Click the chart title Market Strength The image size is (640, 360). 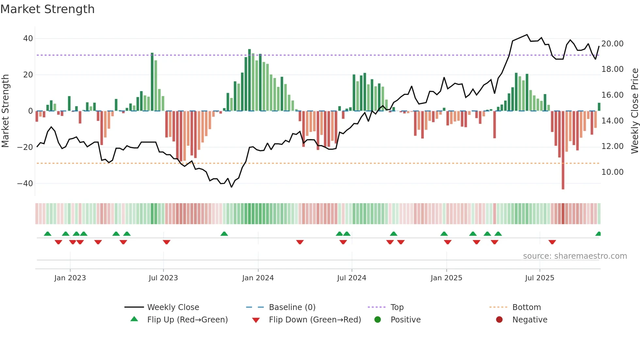pyautogui.click(x=47, y=9)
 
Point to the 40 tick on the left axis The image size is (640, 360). pyautogui.click(x=28, y=39)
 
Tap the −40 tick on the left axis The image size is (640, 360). pyautogui.click(x=25, y=184)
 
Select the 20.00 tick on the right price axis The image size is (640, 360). pyautogui.click(x=612, y=44)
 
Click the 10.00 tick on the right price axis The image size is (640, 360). pyautogui.click(x=612, y=172)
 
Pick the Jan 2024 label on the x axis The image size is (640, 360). pyautogui.click(x=258, y=278)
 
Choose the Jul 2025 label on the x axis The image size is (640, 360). pyautogui.click(x=539, y=278)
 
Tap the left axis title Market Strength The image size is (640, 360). pyautogui.click(x=5, y=111)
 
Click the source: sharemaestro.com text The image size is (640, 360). pyautogui.click(x=575, y=256)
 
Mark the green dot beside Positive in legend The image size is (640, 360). pyautogui.click(x=377, y=320)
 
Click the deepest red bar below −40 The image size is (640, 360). pyautogui.click(x=563, y=150)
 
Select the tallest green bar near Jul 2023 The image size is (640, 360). pyautogui.click(x=152, y=82)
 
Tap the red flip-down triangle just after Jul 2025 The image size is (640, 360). pyautogui.click(x=552, y=242)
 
